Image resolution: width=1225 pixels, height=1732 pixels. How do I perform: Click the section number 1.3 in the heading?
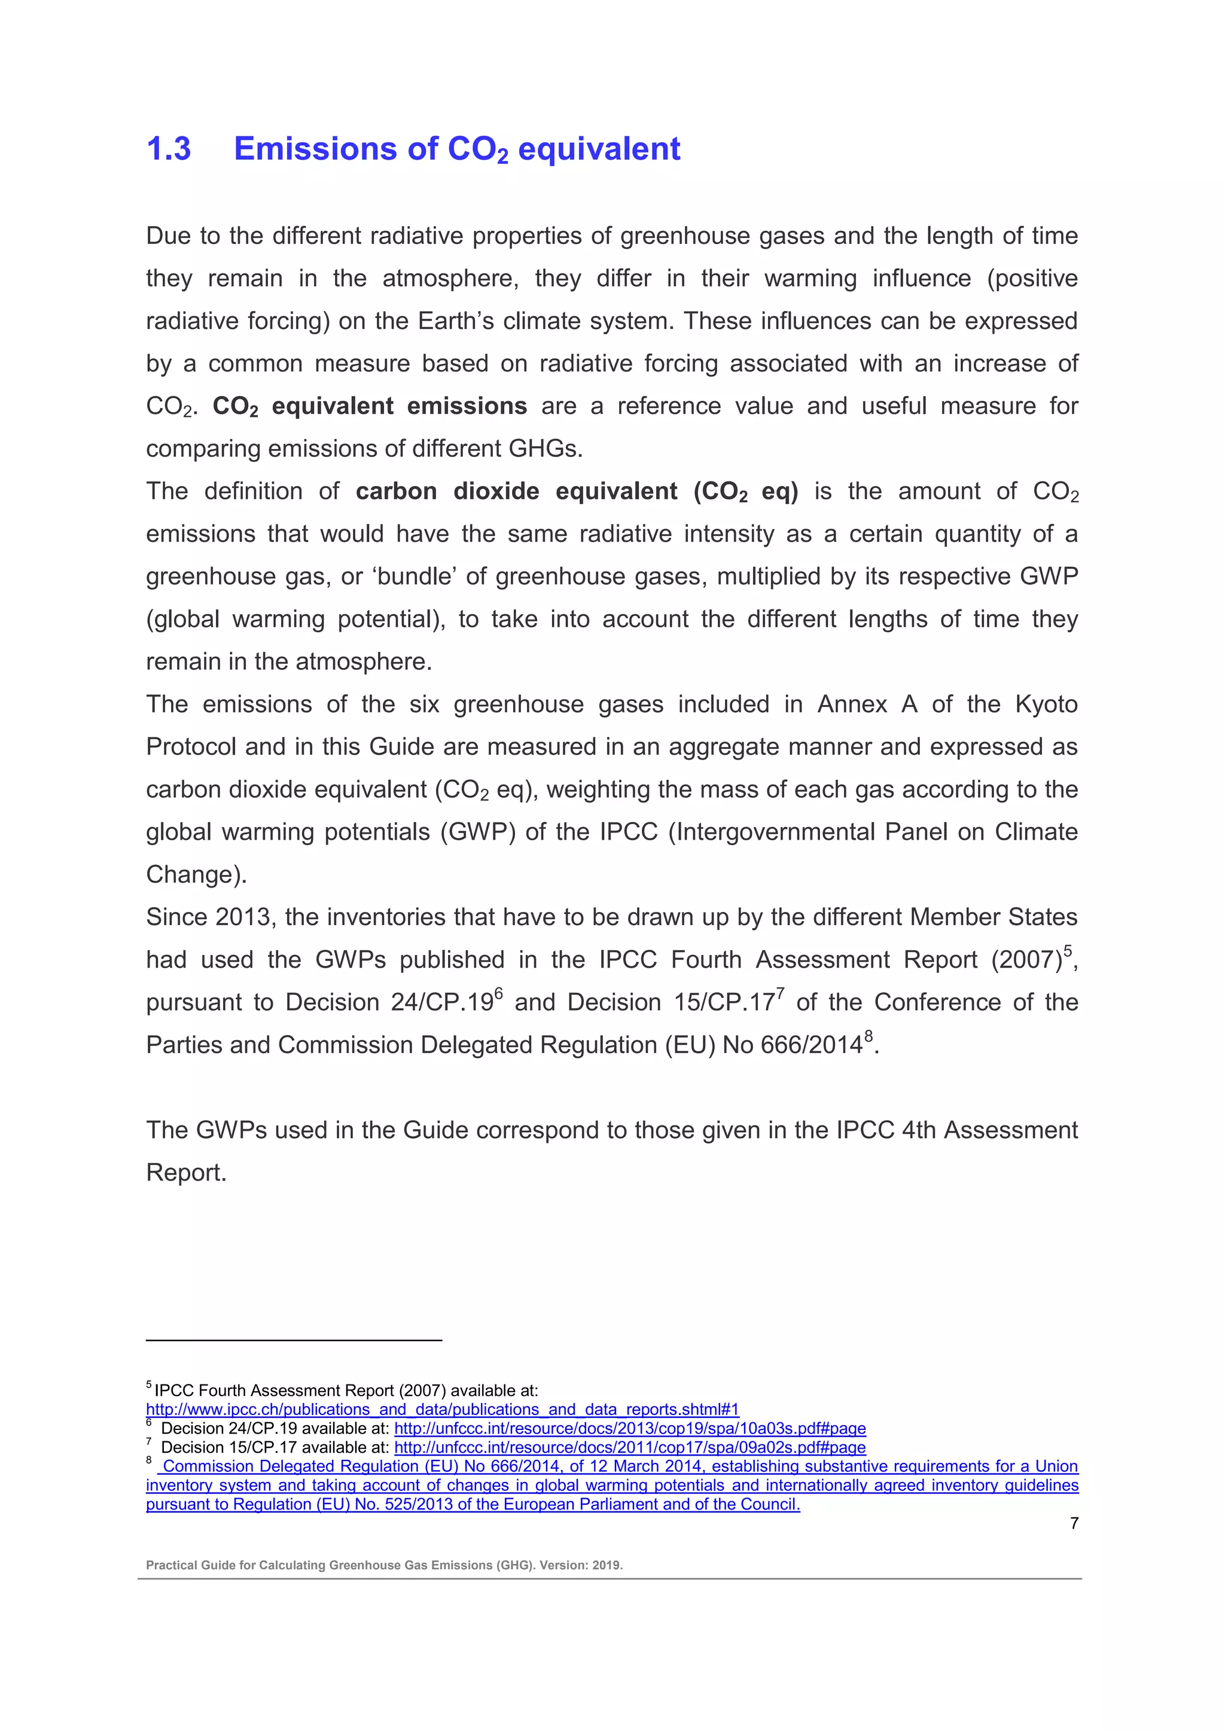pos(168,148)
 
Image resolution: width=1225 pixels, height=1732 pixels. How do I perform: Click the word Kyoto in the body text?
pos(1046,704)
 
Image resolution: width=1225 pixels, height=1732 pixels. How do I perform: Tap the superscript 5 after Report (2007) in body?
pos(1067,950)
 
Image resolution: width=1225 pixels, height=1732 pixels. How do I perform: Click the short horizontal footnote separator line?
pos(294,1340)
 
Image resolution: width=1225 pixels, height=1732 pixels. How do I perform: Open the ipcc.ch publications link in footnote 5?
pos(442,1409)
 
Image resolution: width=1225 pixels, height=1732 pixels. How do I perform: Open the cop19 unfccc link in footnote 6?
pos(629,1428)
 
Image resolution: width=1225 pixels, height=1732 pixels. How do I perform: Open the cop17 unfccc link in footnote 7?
pos(629,1447)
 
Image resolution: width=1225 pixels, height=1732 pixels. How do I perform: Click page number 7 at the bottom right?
pos(1074,1523)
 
